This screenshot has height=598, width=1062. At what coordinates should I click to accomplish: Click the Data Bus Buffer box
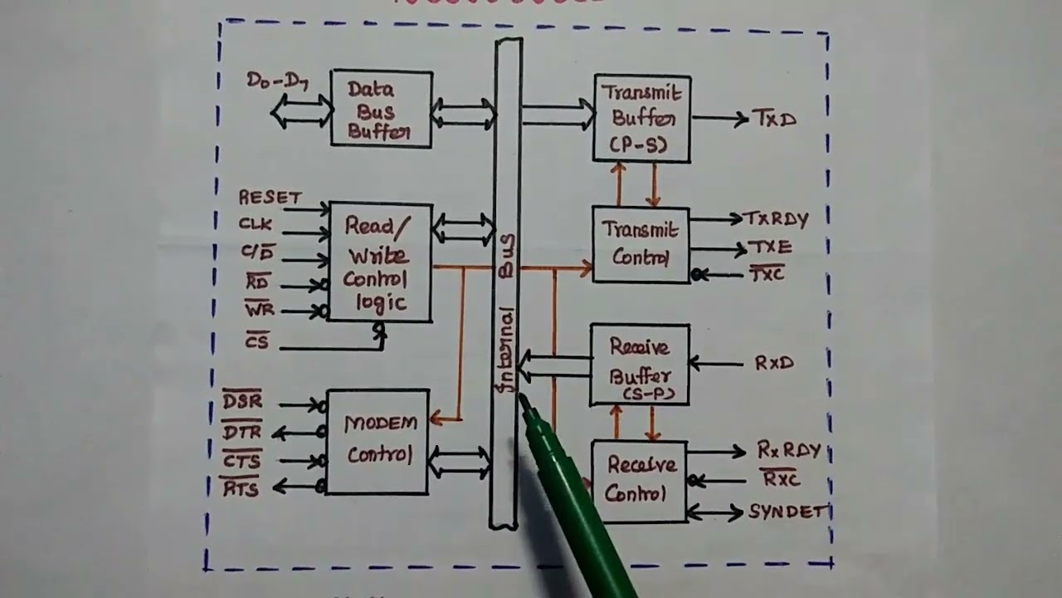tap(381, 110)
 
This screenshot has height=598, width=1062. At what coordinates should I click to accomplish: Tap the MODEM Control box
tap(378, 441)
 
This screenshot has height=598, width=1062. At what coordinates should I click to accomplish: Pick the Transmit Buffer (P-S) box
tap(642, 118)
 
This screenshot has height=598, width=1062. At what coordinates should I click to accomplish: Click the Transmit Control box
tap(641, 244)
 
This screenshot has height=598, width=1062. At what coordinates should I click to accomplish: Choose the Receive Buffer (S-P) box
tap(639, 364)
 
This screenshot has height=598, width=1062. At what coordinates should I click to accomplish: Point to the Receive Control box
tap(638, 481)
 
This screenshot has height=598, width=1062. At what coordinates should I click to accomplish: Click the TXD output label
tap(774, 119)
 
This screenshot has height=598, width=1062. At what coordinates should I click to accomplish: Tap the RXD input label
tap(773, 363)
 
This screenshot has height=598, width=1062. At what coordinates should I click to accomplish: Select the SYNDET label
tap(787, 512)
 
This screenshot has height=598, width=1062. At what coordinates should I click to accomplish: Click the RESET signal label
tap(270, 198)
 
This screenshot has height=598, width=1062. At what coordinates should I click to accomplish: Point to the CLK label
tap(255, 223)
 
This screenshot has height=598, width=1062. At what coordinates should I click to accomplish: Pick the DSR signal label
tap(242, 402)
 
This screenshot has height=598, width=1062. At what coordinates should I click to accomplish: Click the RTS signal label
tap(241, 489)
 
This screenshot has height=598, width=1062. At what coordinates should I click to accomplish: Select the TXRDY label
tap(776, 219)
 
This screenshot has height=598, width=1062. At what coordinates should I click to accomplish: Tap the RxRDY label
tap(788, 451)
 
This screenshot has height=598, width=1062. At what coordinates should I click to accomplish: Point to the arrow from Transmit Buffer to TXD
tap(719, 119)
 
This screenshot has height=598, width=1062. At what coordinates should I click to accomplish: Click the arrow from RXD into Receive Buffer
tap(717, 363)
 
